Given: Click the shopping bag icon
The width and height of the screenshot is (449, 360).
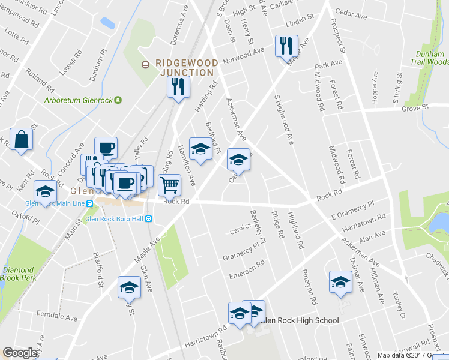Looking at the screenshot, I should pos(21,139).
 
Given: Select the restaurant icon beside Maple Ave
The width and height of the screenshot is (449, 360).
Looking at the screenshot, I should pos(286,46).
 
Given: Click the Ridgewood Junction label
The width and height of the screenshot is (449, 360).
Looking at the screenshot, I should pos(184,67).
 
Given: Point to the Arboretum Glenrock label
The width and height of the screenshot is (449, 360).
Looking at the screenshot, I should pos(79,100).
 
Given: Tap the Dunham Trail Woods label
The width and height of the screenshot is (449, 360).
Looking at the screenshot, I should pos(429,58).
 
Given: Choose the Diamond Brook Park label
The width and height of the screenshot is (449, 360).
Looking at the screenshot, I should pos(19,274).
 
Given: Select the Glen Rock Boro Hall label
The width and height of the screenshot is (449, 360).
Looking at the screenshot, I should pos(114,219).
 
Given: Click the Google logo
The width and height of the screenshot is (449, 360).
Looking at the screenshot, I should pos(20,352).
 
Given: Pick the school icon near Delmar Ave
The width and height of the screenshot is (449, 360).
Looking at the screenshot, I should pos(340,282).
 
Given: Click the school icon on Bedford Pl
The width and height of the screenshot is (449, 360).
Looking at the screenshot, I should pos(200,148).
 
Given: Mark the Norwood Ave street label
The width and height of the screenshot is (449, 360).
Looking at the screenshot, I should pos(243,59).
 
